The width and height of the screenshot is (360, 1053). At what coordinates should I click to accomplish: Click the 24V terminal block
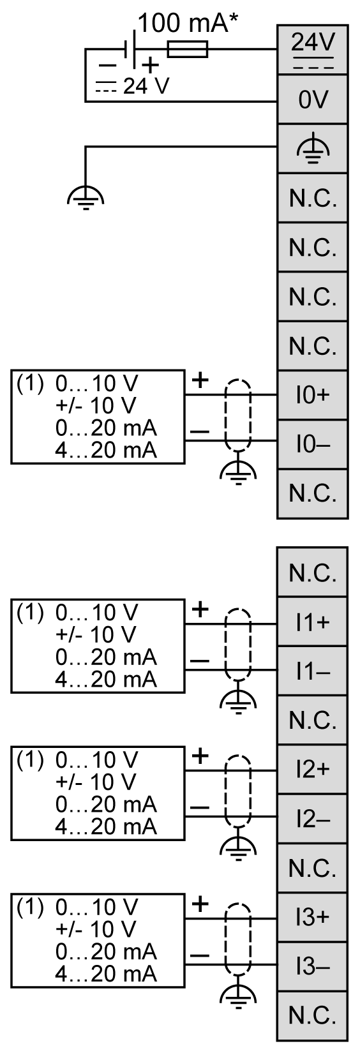(312, 49)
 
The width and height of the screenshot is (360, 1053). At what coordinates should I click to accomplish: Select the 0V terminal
(312, 100)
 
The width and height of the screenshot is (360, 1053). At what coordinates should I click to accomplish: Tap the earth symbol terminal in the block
(312, 149)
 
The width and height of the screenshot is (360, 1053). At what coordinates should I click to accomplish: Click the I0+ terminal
(312, 395)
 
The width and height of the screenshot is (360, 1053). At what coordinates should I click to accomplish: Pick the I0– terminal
(312, 444)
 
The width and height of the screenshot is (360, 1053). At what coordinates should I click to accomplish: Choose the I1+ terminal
(312, 622)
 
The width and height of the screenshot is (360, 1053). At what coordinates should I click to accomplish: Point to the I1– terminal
(312, 671)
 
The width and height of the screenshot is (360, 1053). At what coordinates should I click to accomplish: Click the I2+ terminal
(312, 770)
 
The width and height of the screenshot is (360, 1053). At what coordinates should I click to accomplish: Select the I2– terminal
(312, 819)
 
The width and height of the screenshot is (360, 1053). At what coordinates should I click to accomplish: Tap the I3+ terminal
(312, 917)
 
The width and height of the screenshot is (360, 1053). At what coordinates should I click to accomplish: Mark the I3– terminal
(312, 966)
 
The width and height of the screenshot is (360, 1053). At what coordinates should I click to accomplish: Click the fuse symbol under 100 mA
(187, 49)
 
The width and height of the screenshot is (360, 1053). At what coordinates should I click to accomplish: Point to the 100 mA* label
(183, 24)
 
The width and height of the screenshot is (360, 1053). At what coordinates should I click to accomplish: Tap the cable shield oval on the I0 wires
(238, 417)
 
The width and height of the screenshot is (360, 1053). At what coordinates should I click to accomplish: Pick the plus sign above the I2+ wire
(200, 756)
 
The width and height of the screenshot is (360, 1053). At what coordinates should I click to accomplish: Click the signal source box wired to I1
(97, 646)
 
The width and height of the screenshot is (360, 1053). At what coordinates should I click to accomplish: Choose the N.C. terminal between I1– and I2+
(312, 721)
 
